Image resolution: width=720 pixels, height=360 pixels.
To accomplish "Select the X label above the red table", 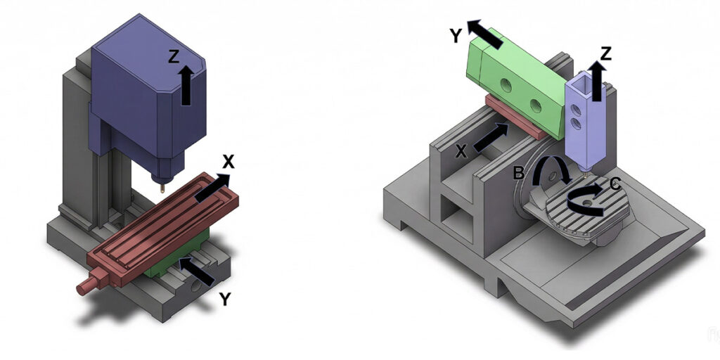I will click(x=228, y=162).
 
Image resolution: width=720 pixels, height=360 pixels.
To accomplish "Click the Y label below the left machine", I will click(x=224, y=300).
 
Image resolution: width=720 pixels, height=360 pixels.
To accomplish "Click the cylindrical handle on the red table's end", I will click(x=86, y=285).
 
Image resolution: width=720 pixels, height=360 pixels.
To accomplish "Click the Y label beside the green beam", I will click(x=456, y=35).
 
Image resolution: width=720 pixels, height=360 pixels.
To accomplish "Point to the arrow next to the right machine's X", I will click(x=491, y=137).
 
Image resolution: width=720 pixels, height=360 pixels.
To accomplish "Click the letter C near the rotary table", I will click(x=615, y=186).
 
